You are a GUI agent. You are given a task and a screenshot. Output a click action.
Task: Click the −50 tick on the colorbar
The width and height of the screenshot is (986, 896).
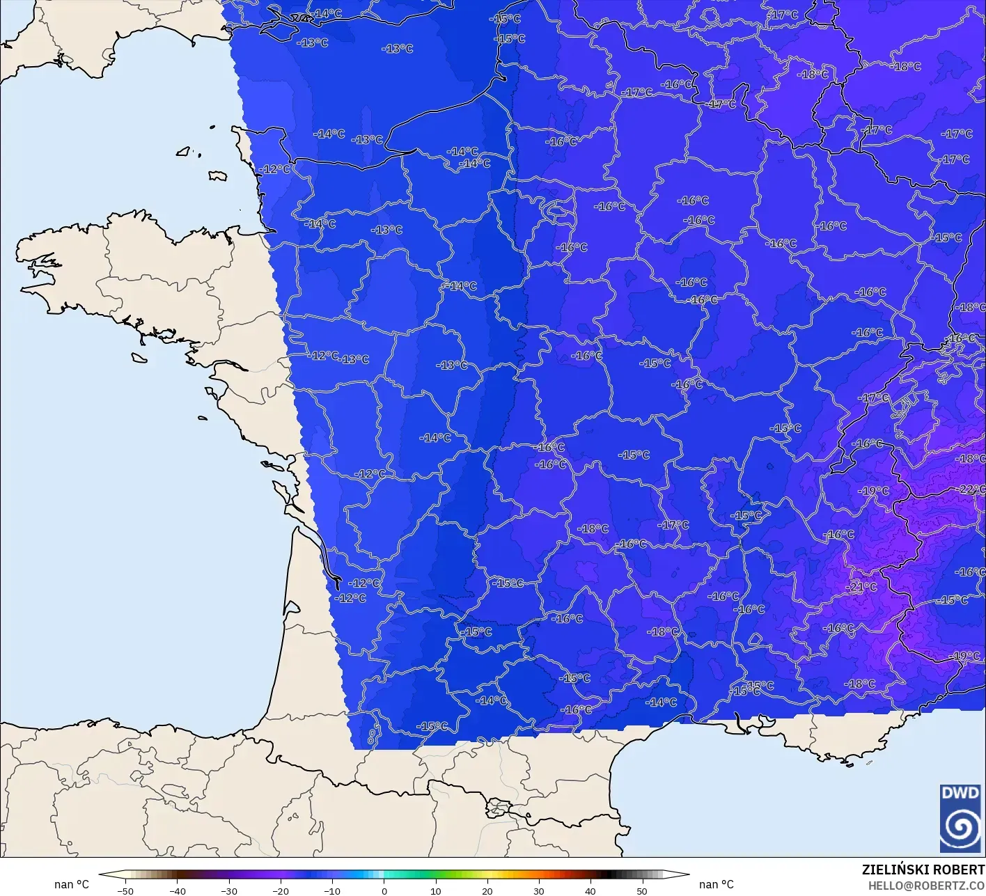click(126, 891)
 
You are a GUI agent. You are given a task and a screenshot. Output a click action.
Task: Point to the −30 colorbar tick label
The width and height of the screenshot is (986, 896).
click(229, 891)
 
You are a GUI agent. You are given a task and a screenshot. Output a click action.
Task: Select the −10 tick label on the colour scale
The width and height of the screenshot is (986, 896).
click(332, 891)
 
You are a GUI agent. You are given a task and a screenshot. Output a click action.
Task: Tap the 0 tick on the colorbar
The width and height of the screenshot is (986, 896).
click(384, 891)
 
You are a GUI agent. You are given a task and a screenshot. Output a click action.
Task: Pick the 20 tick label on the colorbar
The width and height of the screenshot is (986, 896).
click(487, 891)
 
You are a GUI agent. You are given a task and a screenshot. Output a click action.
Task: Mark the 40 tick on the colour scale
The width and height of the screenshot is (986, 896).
click(590, 891)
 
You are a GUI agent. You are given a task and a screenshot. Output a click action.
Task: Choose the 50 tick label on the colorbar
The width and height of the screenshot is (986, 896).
click(641, 891)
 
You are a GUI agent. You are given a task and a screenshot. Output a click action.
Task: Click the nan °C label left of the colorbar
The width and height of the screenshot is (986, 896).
click(72, 885)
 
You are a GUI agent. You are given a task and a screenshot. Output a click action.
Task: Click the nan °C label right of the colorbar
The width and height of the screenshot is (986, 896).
click(717, 885)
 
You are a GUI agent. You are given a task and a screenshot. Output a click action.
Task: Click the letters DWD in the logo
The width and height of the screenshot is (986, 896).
click(960, 793)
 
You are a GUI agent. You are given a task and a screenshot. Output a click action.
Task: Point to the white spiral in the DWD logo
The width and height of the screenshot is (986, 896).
click(960, 827)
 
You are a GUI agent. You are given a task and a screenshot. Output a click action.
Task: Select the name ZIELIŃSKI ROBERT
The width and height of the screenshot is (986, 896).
click(923, 870)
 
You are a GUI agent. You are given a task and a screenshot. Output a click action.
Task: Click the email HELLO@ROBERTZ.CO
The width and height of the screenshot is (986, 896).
click(927, 885)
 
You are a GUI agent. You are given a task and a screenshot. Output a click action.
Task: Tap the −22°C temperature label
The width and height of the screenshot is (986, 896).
click(971, 489)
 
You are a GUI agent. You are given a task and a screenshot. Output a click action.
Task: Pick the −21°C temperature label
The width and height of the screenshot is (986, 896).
click(862, 587)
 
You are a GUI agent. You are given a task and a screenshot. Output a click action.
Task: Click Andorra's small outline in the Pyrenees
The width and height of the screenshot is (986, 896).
click(497, 808)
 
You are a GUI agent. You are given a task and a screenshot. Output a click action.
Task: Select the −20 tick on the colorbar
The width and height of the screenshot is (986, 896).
click(281, 891)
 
